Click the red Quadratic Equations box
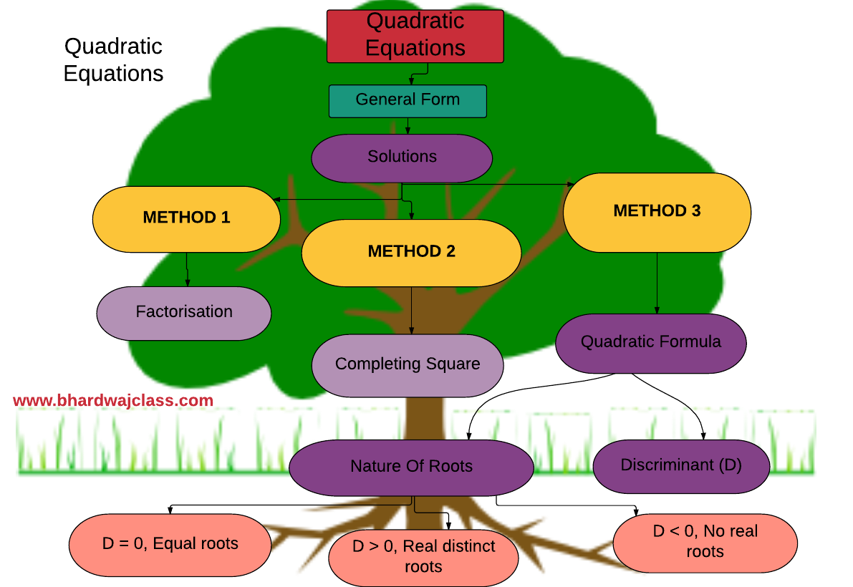pos(415,36)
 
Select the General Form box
pos(408,101)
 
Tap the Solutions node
pos(402,157)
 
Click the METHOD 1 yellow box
pos(186,218)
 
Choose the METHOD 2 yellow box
pos(411,252)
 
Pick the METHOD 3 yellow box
pos(657,212)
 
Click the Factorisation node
pos(184,313)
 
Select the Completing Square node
pos(408,364)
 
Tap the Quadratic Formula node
pos(650,342)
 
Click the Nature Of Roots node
pos(411,467)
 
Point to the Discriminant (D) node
pos(681,465)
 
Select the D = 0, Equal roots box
pos(170,544)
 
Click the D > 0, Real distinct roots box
pos(423,557)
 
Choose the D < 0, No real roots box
pos(705,542)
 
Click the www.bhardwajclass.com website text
pos(113,401)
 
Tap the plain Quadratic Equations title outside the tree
pos(113,60)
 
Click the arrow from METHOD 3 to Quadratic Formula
pos(657,283)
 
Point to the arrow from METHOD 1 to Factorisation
pos(187,269)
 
